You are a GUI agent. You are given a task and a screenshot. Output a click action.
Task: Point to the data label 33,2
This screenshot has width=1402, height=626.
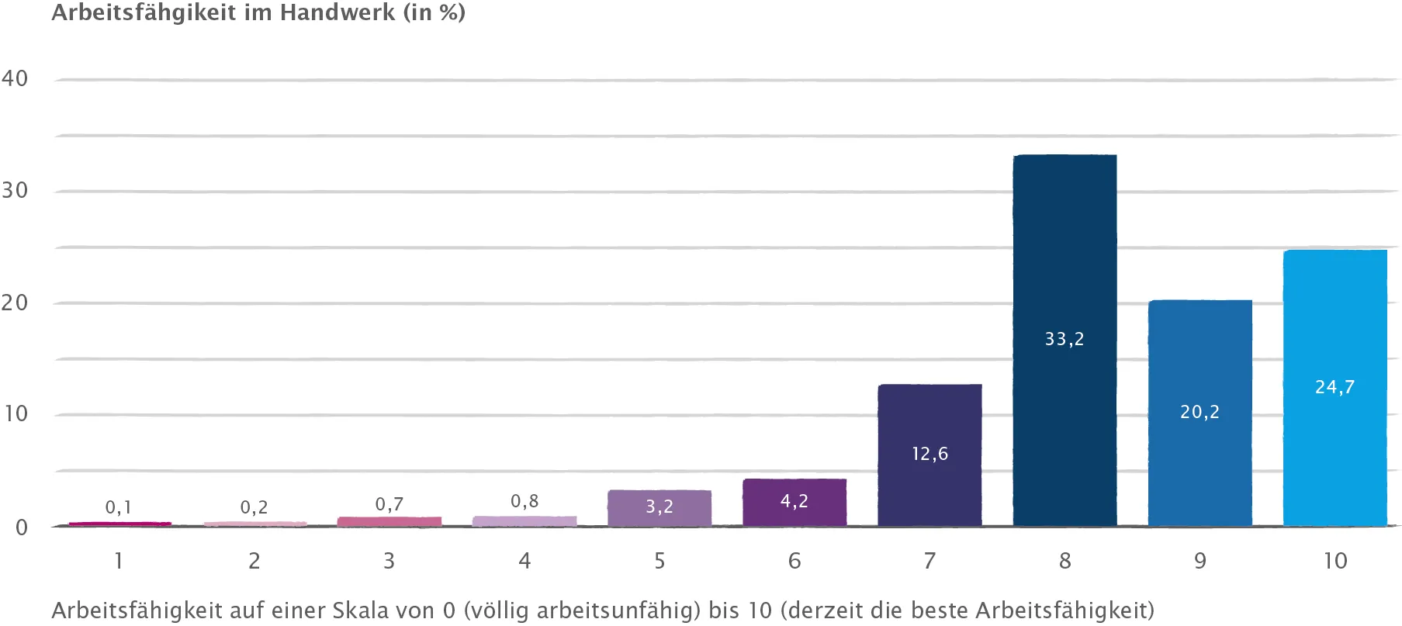point(1064,339)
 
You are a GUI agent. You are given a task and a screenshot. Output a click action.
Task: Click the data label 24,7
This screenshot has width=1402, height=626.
point(1334,387)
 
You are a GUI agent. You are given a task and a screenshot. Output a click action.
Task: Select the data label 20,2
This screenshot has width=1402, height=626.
point(1199,412)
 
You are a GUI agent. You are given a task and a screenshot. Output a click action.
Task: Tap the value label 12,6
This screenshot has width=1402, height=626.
point(929,454)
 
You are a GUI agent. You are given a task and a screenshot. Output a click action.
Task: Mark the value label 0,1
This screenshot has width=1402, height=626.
point(119,507)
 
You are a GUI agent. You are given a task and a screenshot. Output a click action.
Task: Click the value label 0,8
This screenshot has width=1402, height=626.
point(524,502)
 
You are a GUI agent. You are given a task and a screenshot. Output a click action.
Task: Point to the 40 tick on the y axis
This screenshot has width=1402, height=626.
point(15,78)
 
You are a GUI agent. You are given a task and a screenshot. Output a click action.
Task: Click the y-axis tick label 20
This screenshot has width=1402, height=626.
point(15,303)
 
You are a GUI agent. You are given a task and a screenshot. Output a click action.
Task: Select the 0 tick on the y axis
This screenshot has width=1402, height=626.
point(21,527)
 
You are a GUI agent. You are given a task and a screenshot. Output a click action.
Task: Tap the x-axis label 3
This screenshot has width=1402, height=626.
point(389,561)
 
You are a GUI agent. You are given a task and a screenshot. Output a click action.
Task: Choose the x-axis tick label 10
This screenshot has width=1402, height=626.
point(1334,561)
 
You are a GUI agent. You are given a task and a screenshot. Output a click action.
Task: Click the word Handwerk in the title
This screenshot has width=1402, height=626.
point(338,12)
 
